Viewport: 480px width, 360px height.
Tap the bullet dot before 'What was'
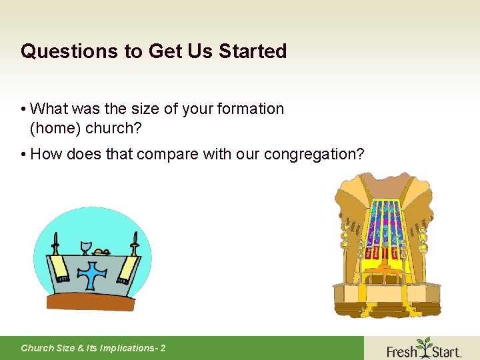23,109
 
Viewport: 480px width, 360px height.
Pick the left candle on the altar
55,244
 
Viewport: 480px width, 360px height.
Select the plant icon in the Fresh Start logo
423,347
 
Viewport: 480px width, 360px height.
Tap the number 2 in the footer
163,348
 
